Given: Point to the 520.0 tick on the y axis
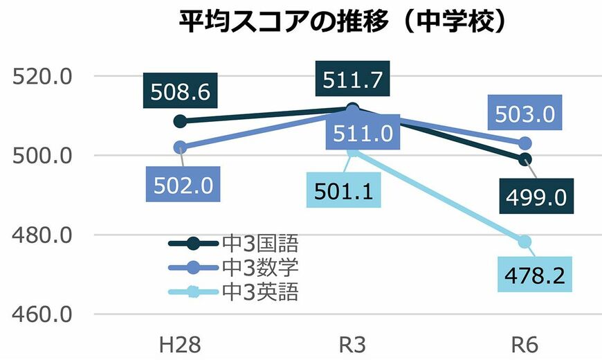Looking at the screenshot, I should coord(43,75).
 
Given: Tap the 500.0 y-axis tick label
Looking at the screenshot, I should coord(43,155).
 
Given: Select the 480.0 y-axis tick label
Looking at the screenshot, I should coord(43,235).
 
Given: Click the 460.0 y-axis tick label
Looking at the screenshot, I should coord(43,314).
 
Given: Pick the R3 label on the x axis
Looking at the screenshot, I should coord(352,344).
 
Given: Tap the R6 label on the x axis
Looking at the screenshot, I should coord(525,344).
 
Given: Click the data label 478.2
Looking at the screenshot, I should coord(536,276).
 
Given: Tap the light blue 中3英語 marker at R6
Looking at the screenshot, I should coord(525,242).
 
